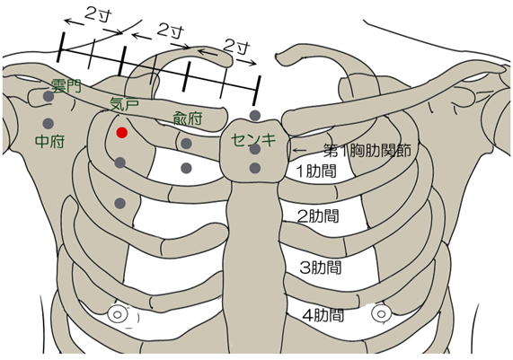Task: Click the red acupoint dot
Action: pyautogui.click(x=122, y=133)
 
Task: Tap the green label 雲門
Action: pyautogui.click(x=66, y=86)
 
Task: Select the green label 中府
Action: pyautogui.click(x=49, y=142)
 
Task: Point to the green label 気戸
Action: pyautogui.click(x=125, y=103)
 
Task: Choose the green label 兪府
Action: pyautogui.click(x=188, y=119)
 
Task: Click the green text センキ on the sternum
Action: pyautogui.click(x=253, y=140)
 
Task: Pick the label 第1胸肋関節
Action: pyautogui.click(x=367, y=151)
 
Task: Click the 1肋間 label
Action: pyautogui.click(x=316, y=171)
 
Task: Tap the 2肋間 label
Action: pyautogui.click(x=318, y=216)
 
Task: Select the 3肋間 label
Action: pyautogui.click(x=321, y=268)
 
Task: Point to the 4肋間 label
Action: pyautogui.click(x=323, y=315)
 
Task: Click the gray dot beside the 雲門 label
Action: pyautogui.click(x=49, y=96)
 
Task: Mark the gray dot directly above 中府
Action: pyautogui.click(x=49, y=124)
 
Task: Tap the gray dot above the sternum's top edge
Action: pyautogui.click(x=255, y=116)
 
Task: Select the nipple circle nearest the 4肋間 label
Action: pyautogui.click(x=381, y=314)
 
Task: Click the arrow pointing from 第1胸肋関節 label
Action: pyautogui.click(x=299, y=150)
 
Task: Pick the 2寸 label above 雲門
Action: pyautogui.click(x=98, y=14)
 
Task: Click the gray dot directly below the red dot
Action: pyautogui.click(x=120, y=162)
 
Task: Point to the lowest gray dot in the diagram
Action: pyautogui.click(x=120, y=203)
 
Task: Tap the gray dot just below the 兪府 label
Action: pyautogui.click(x=186, y=144)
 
